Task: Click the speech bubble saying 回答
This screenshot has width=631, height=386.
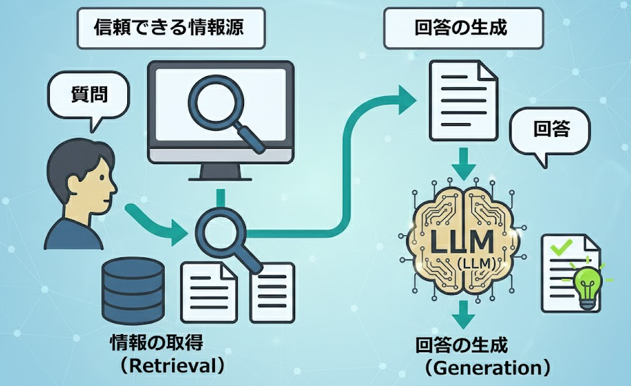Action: pos(552,129)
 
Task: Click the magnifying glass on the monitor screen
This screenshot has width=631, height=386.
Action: pos(223,111)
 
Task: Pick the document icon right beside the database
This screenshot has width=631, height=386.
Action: pos(205,289)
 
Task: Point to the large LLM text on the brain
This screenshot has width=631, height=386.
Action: pos(462,241)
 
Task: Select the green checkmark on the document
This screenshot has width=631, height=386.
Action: pos(558,245)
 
